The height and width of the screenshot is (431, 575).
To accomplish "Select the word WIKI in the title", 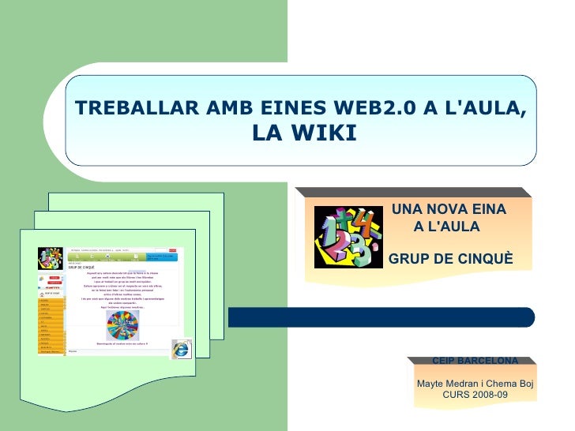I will pyautogui.click(x=327, y=133).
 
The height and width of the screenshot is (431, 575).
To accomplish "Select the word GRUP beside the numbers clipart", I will pyautogui.click(x=411, y=258).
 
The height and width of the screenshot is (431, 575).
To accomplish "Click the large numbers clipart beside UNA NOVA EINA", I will pyautogui.click(x=346, y=237).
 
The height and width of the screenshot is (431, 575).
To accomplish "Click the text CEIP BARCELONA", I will pyautogui.click(x=475, y=361).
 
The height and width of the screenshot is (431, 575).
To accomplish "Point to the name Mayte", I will pyautogui.click(x=431, y=384).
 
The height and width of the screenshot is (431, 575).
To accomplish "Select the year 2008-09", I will pyautogui.click(x=488, y=395).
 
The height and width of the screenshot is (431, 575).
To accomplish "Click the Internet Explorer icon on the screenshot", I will pyautogui.click(x=182, y=349).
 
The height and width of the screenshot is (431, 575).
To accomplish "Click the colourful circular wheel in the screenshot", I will pyautogui.click(x=122, y=324).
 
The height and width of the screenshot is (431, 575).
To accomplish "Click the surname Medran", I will pyautogui.click(x=468, y=384).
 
